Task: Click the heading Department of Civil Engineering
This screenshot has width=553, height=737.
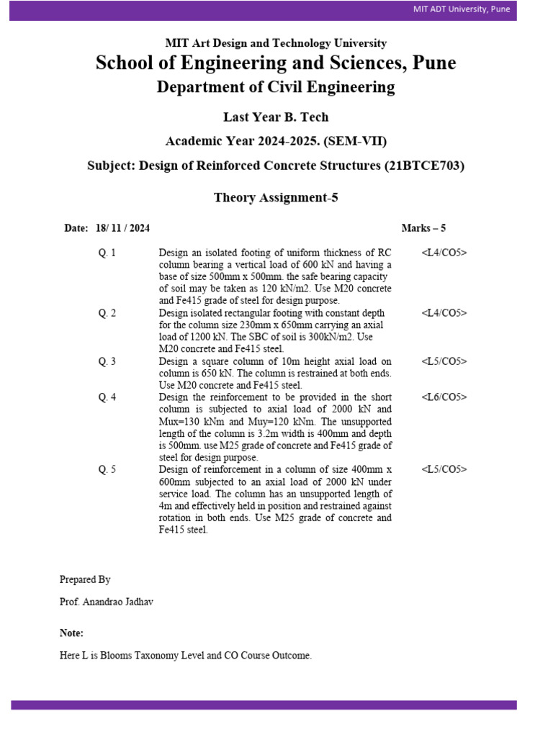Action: [x=276, y=88]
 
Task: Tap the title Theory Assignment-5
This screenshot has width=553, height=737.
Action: [x=276, y=198]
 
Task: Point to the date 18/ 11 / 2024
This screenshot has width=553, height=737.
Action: [x=122, y=228]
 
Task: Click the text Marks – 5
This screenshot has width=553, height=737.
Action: [x=423, y=228]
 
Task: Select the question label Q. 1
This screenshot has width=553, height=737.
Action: [x=107, y=253]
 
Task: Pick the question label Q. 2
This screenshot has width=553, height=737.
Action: [x=107, y=313]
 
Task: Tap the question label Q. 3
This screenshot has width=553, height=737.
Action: [x=107, y=361]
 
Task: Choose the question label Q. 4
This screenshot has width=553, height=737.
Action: [x=107, y=397]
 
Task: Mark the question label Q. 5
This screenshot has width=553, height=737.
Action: [x=107, y=469]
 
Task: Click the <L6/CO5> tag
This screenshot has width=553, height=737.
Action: [x=444, y=397]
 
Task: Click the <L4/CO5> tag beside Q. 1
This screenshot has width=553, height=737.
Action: [x=444, y=253]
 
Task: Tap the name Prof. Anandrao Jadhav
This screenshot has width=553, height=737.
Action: [x=106, y=602]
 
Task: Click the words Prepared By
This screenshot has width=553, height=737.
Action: [x=85, y=579]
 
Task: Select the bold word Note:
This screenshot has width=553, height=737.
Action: [x=71, y=633]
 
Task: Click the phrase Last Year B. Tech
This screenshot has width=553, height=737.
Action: [x=276, y=117]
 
